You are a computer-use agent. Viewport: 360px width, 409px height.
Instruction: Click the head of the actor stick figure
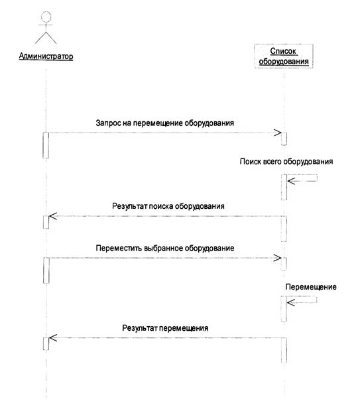[46, 16]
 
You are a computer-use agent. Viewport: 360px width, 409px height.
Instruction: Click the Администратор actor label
[46, 56]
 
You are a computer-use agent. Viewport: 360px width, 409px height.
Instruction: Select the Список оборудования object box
[284, 56]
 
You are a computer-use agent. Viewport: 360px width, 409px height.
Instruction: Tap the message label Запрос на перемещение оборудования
[165, 123]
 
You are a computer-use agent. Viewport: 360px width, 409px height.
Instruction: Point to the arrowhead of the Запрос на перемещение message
[278, 133]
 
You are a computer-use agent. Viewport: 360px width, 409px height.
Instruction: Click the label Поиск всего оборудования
[286, 162]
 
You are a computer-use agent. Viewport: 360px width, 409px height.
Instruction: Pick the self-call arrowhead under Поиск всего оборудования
[291, 181]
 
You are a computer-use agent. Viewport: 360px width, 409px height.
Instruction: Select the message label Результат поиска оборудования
[168, 206]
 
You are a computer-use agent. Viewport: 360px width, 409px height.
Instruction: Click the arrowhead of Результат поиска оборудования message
[53, 216]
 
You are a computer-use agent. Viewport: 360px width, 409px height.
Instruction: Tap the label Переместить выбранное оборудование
[165, 248]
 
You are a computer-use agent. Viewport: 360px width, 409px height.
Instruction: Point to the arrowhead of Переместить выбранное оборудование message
[278, 258]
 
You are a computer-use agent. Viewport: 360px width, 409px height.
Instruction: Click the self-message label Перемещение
[311, 287]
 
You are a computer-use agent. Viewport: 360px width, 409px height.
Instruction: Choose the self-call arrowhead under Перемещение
[291, 302]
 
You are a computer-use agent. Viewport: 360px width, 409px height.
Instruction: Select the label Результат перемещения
[165, 328]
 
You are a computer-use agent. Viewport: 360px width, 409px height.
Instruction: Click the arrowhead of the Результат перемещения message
[53, 338]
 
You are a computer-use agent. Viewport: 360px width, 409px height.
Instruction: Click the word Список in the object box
[283, 51]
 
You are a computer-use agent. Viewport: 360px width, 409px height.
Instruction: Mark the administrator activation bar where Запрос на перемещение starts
[46, 145]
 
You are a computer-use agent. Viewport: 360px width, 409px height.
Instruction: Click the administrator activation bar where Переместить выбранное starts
[46, 270]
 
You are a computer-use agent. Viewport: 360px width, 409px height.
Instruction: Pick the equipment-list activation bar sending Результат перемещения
[284, 350]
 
